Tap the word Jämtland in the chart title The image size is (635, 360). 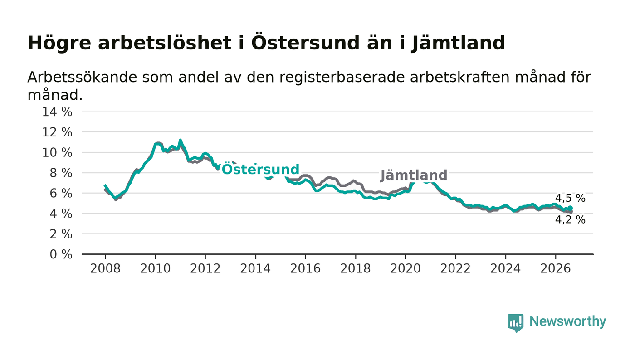(x=458, y=43)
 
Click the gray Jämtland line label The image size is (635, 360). (x=414, y=175)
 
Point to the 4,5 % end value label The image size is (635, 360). (x=570, y=198)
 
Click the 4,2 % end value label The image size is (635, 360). (x=570, y=220)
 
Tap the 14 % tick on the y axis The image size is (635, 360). (x=57, y=112)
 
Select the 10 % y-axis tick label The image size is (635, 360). (x=57, y=152)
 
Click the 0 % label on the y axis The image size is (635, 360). (x=61, y=254)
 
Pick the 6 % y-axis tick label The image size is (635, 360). (x=61, y=193)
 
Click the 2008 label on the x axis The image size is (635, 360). (x=105, y=268)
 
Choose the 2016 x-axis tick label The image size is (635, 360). (x=305, y=268)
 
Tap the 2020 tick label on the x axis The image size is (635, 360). (x=405, y=268)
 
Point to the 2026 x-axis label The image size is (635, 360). (x=555, y=268)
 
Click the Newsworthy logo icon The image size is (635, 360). (x=515, y=322)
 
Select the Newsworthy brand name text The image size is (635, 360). (x=567, y=321)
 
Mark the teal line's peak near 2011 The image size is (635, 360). (x=181, y=140)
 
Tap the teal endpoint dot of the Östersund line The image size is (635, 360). (x=571, y=208)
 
